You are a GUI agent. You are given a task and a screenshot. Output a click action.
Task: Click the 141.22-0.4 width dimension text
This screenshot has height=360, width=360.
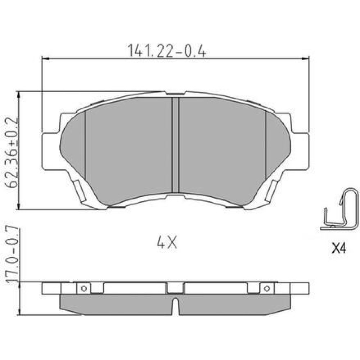[x=167, y=50]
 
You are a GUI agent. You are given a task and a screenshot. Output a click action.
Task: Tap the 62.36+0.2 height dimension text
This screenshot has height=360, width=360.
[x=12, y=153]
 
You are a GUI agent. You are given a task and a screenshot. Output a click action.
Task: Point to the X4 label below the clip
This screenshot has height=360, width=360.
[x=339, y=248]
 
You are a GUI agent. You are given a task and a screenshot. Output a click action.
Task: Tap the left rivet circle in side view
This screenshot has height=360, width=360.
[x=84, y=288]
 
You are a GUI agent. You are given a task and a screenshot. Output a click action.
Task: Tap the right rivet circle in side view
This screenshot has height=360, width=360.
[x=266, y=288]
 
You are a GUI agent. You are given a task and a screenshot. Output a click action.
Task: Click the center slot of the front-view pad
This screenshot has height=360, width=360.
[x=175, y=145]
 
